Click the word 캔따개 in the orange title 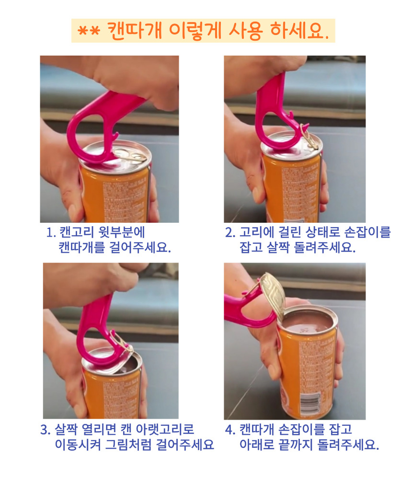tap(135, 31)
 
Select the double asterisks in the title tap(89, 31)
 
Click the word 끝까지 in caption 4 tap(296, 445)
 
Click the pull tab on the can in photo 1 tap(134, 156)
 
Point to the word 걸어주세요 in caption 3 tap(185, 445)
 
